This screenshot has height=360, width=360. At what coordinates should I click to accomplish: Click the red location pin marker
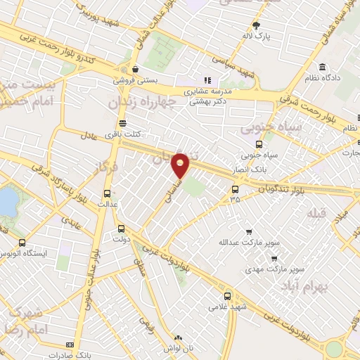click(181, 166)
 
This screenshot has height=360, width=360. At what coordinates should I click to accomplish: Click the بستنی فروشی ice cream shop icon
click(134, 69)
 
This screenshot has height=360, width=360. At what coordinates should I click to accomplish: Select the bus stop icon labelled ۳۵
click(235, 188)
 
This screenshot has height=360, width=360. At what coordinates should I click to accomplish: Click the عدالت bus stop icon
click(107, 193)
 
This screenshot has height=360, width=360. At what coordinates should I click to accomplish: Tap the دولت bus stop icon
click(121, 228)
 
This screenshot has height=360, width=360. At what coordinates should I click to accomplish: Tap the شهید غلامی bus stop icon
click(226, 296)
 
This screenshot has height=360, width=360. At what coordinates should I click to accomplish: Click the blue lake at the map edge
click(6, 200)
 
